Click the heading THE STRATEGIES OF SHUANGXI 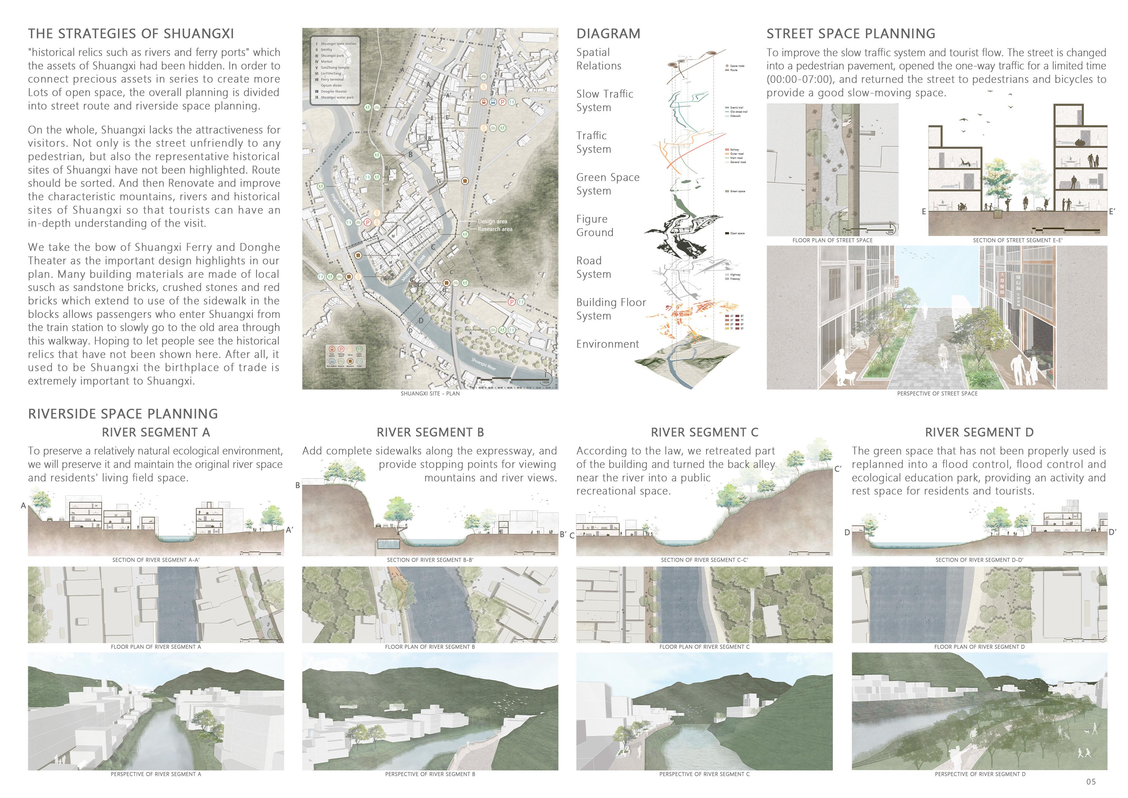[x=131, y=34]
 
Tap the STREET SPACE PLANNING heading [x=851, y=34]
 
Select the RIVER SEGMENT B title [x=430, y=433]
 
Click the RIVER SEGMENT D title [x=979, y=433]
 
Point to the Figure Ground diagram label [x=595, y=225]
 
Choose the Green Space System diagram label [x=607, y=184]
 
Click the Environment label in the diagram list [x=607, y=344]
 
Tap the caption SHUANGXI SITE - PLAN [x=430, y=394]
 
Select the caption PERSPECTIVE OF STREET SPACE [x=937, y=394]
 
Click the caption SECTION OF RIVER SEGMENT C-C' [x=704, y=560]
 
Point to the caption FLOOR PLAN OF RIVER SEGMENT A [x=156, y=647]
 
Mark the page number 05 [x=1091, y=782]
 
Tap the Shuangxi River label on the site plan [x=484, y=365]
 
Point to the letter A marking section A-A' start [x=23, y=506]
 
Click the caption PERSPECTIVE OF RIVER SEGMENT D [x=980, y=774]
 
